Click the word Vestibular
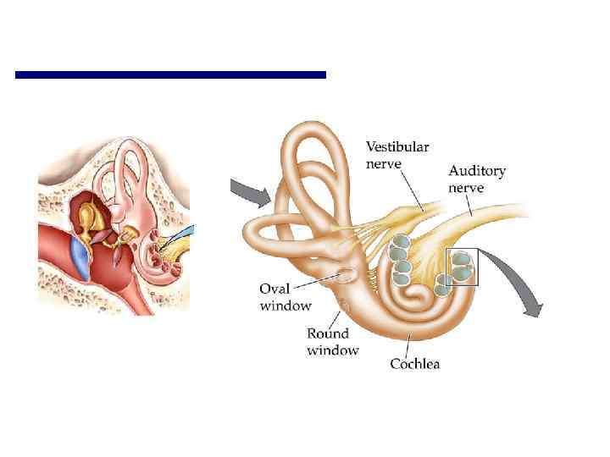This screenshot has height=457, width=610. coord(397,146)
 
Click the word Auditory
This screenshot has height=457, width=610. coord(477,171)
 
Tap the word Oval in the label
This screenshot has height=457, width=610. coord(274,290)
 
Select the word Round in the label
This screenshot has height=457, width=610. coord(327,334)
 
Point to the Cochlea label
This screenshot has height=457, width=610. coord(414,364)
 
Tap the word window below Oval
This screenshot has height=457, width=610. coord(286,306)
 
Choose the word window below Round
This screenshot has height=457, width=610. coord(332,350)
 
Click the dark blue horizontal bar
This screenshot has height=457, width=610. coord(170,75)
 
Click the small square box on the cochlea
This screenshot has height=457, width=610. coord(463,267)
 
